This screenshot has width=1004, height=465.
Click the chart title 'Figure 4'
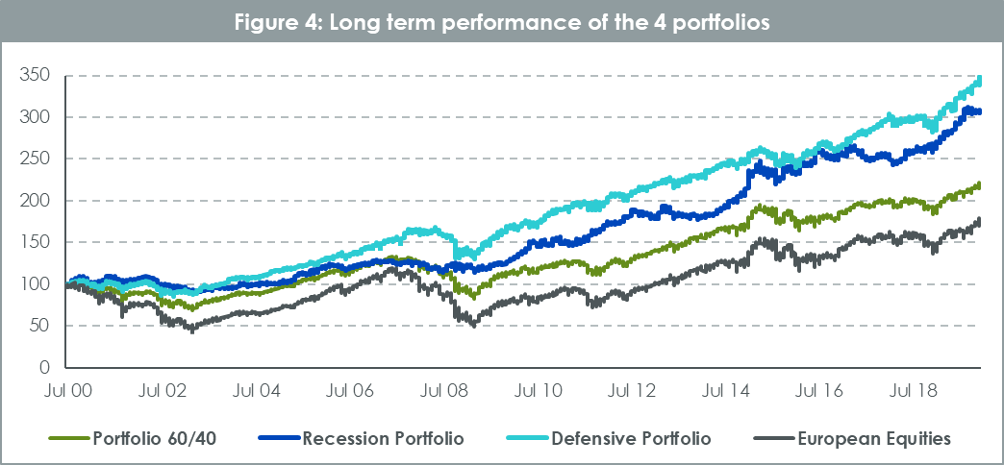[x=501, y=23]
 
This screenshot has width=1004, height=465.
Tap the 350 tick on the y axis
[x=35, y=75]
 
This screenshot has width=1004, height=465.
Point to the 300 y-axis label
[x=35, y=117]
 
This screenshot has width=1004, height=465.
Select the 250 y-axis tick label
[x=35, y=159]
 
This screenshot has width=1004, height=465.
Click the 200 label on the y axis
[x=35, y=201]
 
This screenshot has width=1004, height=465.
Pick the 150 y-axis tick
[x=35, y=242]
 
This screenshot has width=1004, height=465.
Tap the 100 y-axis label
[x=35, y=284]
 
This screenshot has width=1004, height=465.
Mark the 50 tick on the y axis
[x=39, y=326]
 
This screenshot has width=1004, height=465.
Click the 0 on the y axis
[x=44, y=368]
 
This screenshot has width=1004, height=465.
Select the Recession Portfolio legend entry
[x=383, y=439]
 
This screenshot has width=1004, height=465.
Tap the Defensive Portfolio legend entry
[x=631, y=439]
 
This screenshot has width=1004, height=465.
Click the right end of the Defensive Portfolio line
[x=980, y=79]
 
